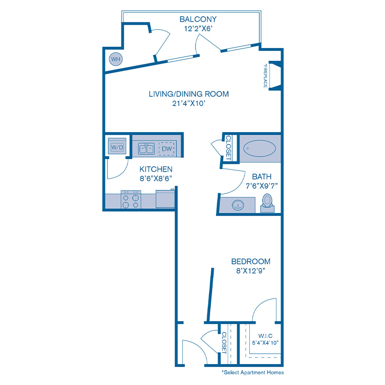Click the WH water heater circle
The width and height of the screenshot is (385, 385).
[x=115, y=59]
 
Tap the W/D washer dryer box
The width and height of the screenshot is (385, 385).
[x=117, y=147]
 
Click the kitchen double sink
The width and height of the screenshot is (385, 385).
[x=146, y=148]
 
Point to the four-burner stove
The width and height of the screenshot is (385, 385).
[x=131, y=200]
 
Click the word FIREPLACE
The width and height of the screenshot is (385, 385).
[x=265, y=76]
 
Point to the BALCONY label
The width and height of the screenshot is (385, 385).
[x=198, y=19]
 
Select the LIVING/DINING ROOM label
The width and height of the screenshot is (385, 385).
[x=189, y=94]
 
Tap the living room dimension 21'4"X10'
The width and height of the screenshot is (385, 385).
[x=189, y=104]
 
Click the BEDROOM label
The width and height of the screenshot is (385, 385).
[x=251, y=261]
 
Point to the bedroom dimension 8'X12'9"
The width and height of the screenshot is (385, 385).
[x=251, y=271]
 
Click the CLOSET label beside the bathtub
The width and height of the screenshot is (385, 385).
[x=228, y=148]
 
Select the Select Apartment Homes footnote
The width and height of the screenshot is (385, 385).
[x=252, y=372]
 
